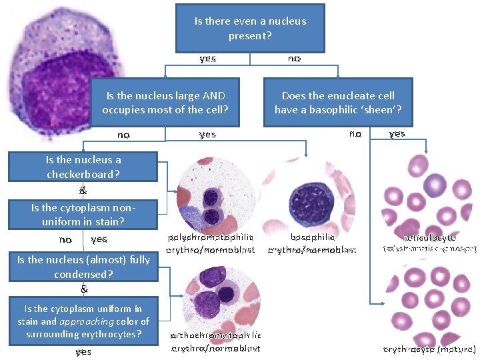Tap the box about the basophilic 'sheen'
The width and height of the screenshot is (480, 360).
tap(338, 103)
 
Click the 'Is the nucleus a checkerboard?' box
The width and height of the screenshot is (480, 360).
tap(83, 167)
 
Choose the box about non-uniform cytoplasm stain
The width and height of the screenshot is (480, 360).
tap(83, 214)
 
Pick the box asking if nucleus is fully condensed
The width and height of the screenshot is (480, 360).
tap(83, 267)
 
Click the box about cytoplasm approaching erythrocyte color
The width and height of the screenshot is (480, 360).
tap(83, 321)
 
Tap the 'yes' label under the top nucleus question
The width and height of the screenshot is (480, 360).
tap(207, 59)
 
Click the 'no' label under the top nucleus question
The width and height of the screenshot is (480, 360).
tap(294, 59)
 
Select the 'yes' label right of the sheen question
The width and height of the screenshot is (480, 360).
tap(397, 133)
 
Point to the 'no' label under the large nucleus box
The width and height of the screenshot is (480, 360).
tap(123, 135)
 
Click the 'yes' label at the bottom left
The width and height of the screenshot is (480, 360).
tap(83, 351)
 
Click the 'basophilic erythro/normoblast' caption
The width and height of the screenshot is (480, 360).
tap(312, 243)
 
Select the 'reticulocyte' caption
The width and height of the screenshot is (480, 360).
tap(430, 237)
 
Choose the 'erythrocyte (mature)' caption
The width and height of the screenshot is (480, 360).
tap(430, 349)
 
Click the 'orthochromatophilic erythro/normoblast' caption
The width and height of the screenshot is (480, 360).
tap(216, 341)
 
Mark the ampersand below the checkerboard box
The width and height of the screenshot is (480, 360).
tap(83, 190)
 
